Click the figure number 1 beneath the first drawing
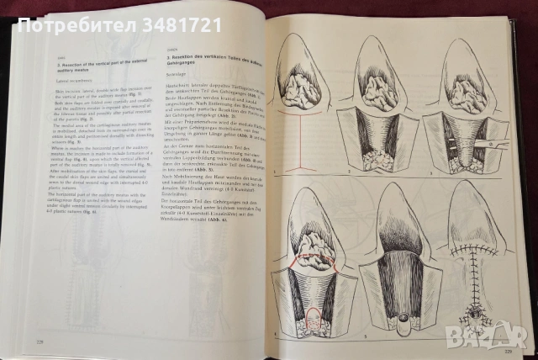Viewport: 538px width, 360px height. pos(276,168)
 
